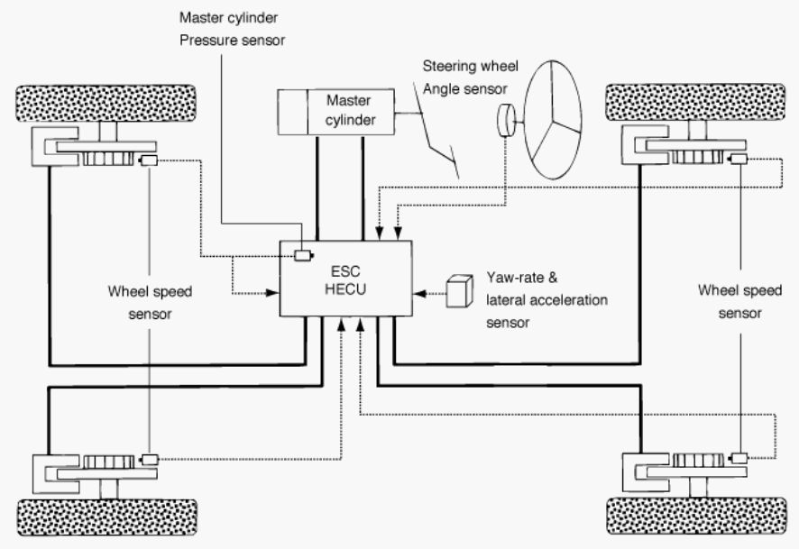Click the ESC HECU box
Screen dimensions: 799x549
(346, 279)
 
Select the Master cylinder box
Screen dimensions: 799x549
(335, 112)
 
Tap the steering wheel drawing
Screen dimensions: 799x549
(553, 120)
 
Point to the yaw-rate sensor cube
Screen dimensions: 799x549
(459, 291)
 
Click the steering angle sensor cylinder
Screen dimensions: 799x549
(506, 121)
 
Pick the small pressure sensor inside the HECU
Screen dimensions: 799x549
(303, 255)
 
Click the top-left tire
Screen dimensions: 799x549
(106, 104)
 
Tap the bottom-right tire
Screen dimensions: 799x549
(696, 516)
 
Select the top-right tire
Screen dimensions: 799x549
(695, 103)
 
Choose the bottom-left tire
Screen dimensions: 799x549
(107, 517)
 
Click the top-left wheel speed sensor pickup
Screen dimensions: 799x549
(148, 160)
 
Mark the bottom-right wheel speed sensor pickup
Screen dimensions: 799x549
(739, 458)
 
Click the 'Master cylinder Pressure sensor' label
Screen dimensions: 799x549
(232, 29)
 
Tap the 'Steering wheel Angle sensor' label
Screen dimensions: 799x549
(471, 78)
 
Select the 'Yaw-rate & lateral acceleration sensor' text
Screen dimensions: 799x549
(546, 300)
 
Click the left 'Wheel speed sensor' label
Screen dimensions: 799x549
(150, 303)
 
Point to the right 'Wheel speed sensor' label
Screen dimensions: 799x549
(739, 301)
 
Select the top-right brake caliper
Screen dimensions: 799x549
(645, 145)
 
